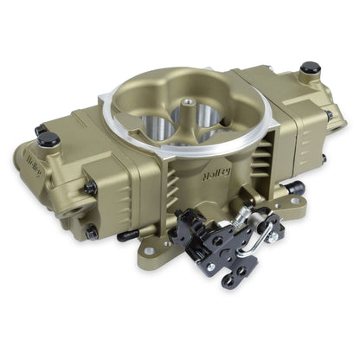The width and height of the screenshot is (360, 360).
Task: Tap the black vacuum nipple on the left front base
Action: (128, 235)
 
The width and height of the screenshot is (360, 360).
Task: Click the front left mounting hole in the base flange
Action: (150, 251)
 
